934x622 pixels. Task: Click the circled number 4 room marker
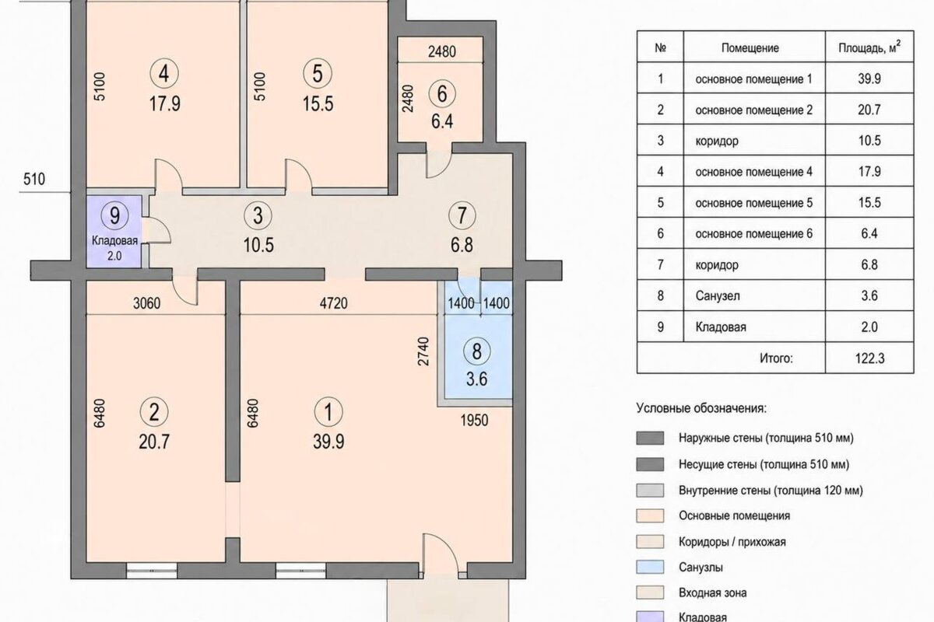coord(164,74)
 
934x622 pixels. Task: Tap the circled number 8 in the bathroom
coord(477,351)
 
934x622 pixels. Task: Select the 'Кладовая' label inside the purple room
coord(114,241)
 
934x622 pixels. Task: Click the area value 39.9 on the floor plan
coord(328,442)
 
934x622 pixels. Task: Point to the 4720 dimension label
coord(334,303)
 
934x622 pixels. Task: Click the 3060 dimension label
coord(147,303)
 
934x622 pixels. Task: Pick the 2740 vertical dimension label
coord(423,351)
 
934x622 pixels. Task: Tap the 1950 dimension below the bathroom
coord(474,421)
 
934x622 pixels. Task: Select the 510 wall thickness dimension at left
coord(34,179)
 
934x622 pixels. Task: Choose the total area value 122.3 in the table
coord(870,358)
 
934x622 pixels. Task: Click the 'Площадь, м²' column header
coord(869,47)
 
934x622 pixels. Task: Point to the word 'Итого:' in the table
coord(776,358)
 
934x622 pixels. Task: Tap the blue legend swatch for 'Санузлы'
coord(650,567)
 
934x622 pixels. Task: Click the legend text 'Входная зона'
coord(713,592)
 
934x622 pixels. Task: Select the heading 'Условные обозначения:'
coord(701,408)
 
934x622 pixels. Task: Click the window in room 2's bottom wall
coord(152,571)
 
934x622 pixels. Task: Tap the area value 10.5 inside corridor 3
coord(258,245)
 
